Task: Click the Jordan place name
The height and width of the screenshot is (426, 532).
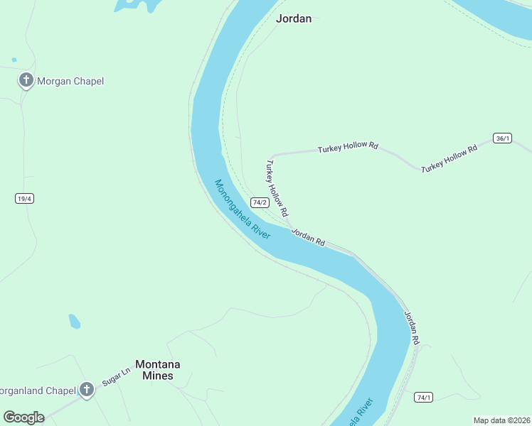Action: click(293, 19)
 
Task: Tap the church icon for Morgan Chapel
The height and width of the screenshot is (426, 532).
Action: click(26, 80)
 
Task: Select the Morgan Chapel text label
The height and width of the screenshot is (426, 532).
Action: click(71, 81)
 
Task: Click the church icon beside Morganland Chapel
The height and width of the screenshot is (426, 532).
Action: click(87, 390)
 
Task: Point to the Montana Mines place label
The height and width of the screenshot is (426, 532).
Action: click(157, 369)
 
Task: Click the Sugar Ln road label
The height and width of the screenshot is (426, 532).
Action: click(117, 376)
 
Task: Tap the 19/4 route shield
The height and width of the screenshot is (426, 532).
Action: click(24, 198)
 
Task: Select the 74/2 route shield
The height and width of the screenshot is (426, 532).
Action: click(259, 202)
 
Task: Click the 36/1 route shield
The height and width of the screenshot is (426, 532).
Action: click(502, 138)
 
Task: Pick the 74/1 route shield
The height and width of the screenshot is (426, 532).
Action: click(424, 397)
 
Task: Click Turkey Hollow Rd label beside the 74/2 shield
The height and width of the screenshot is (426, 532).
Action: click(277, 187)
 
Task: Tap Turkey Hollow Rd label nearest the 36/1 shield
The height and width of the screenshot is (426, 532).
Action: click(449, 160)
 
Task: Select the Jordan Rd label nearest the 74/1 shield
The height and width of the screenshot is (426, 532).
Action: click(412, 328)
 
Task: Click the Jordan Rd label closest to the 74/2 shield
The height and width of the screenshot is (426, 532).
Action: click(308, 237)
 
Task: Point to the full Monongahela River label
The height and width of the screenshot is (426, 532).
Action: click(243, 209)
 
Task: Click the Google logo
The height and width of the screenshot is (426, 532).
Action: click(23, 417)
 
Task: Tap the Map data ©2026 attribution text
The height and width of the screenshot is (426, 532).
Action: click(501, 420)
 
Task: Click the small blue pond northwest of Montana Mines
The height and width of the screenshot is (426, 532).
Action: click(74, 321)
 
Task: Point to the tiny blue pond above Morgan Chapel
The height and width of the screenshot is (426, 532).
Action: click(14, 60)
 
